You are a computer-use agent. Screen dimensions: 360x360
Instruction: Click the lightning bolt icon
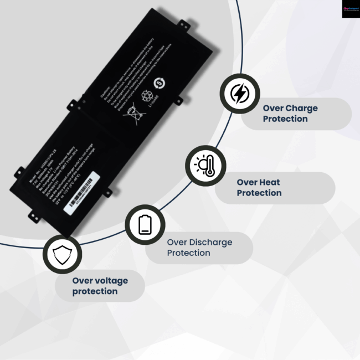point(239,94)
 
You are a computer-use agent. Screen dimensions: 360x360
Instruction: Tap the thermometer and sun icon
point(205,166)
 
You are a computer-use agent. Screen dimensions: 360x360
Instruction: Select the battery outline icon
point(145,224)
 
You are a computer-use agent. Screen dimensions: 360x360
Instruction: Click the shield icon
point(62,254)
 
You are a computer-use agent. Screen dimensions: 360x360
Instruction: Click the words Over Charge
point(290,108)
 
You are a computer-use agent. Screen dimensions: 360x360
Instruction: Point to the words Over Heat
point(258,182)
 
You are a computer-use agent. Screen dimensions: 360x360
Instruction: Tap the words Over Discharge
point(199,242)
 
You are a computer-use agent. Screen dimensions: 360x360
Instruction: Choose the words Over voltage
point(100,280)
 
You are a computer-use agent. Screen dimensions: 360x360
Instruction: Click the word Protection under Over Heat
point(259,193)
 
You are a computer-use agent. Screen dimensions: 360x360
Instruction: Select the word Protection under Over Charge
point(285,119)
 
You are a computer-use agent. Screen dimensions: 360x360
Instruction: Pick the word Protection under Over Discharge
point(188,253)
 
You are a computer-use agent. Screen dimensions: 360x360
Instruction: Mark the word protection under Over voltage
point(95,291)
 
